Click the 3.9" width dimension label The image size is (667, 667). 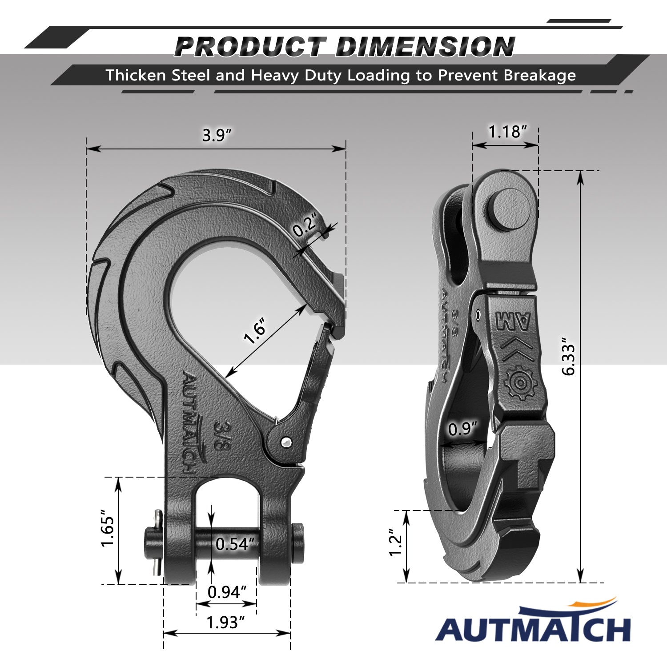[x=217, y=135]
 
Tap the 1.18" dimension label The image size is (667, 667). [x=507, y=132]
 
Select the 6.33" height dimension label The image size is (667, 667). [x=569, y=359]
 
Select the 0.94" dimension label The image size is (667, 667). [x=227, y=592]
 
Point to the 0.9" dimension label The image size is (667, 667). [x=462, y=429]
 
